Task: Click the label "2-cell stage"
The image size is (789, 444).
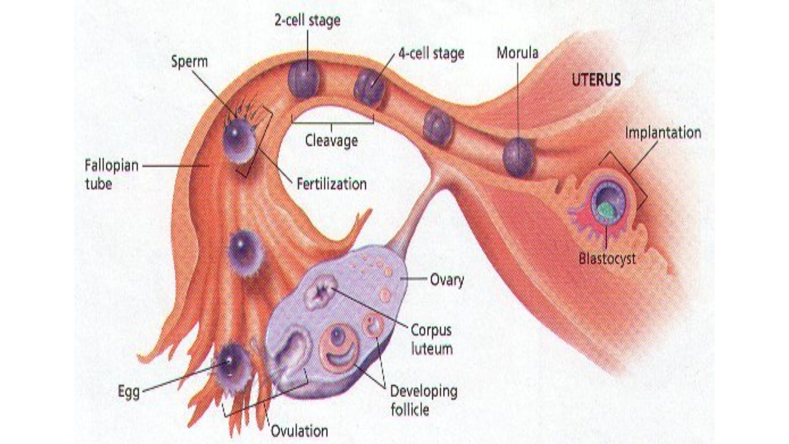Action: point(307,21)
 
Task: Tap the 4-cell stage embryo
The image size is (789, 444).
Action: point(369,88)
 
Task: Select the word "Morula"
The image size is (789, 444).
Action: point(517,53)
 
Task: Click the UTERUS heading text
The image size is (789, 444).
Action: point(596,80)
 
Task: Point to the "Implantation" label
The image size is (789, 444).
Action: point(663,133)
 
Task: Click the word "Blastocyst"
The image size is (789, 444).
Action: point(607,259)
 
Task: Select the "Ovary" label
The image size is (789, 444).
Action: point(447,280)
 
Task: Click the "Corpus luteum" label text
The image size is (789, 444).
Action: point(431,340)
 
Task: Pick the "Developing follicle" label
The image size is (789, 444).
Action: point(423,400)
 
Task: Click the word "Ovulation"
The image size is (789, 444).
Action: point(299,431)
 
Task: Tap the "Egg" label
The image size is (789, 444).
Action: point(129,391)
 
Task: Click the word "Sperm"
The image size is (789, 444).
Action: point(189,62)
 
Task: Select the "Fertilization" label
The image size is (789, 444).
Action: point(332,184)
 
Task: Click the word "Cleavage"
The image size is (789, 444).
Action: point(331,141)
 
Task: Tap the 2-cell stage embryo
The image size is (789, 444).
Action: point(303,79)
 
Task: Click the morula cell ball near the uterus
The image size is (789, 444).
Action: point(519,156)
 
